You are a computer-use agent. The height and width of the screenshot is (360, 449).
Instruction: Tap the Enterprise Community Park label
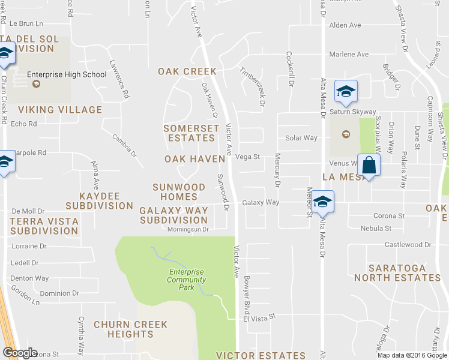(186, 280)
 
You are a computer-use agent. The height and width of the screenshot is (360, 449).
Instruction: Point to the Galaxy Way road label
(261, 203)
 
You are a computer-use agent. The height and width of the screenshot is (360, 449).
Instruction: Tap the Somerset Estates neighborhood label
(191, 133)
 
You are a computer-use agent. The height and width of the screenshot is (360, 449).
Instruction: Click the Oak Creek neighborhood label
(187, 71)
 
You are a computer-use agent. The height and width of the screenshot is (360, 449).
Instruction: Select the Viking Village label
(60, 110)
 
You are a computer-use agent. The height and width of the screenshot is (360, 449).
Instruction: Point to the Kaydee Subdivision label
(99, 201)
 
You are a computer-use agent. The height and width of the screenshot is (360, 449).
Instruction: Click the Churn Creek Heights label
(130, 329)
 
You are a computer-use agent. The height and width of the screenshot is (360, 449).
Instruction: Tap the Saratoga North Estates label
(397, 273)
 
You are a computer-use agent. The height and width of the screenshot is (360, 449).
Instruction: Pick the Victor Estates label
(261, 356)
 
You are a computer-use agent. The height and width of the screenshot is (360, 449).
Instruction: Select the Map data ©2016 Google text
(412, 355)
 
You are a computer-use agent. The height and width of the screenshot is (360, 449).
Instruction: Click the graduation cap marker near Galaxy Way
(322, 202)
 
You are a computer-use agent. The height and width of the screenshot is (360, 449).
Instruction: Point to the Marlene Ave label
(349, 55)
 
